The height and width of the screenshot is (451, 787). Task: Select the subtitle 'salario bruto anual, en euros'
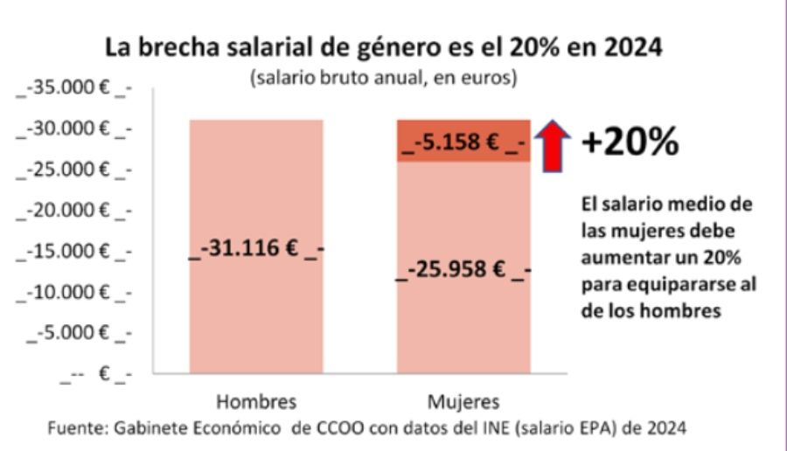(x=384, y=77)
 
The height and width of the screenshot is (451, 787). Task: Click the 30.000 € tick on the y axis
(x=73, y=129)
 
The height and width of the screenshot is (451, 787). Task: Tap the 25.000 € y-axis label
(x=73, y=170)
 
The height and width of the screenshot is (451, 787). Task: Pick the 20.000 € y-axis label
(x=73, y=211)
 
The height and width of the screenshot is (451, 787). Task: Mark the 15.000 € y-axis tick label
(x=73, y=252)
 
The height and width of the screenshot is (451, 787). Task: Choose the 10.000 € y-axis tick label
(x=73, y=292)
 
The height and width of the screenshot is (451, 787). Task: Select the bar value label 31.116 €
(x=257, y=250)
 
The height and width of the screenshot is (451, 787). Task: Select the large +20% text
(x=630, y=143)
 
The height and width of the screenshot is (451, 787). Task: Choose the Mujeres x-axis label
(x=463, y=403)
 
